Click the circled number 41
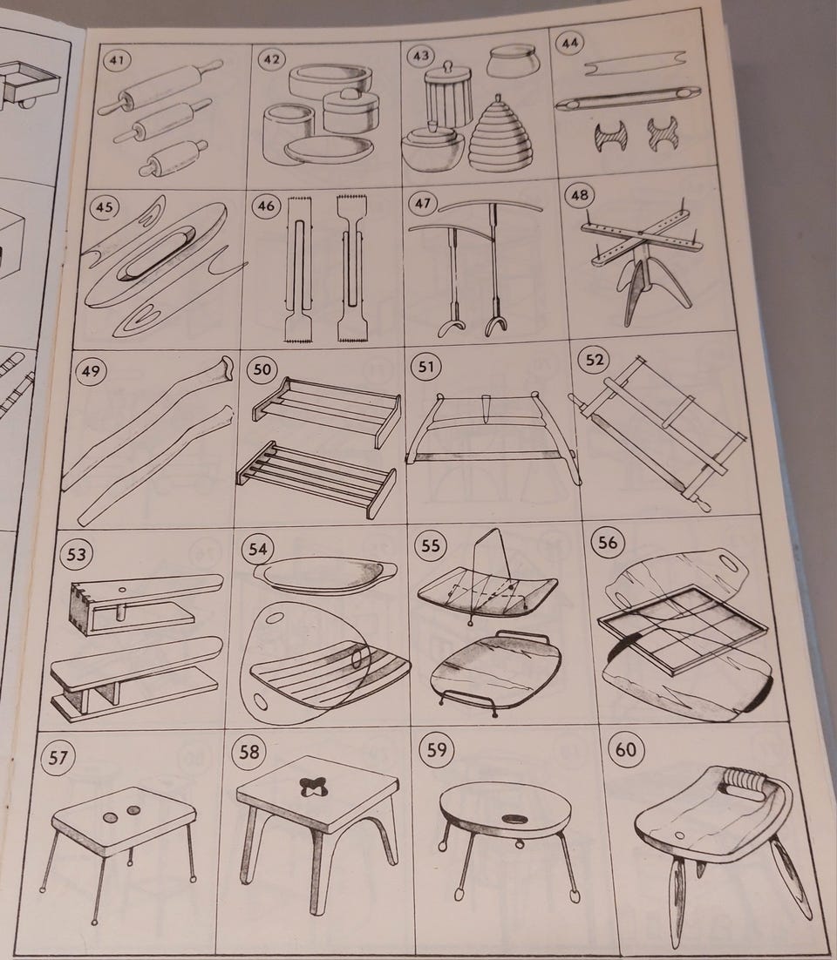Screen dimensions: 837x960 coord(117,60)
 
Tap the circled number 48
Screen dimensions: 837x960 coord(579,194)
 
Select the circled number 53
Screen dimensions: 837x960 coord(76,555)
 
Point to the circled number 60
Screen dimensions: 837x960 coord(625,750)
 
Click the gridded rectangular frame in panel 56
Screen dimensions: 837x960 coord(683,629)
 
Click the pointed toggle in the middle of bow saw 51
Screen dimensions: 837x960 coord(487,409)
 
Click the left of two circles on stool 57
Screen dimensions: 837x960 coord(111,817)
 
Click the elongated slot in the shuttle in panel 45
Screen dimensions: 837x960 coord(157,252)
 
